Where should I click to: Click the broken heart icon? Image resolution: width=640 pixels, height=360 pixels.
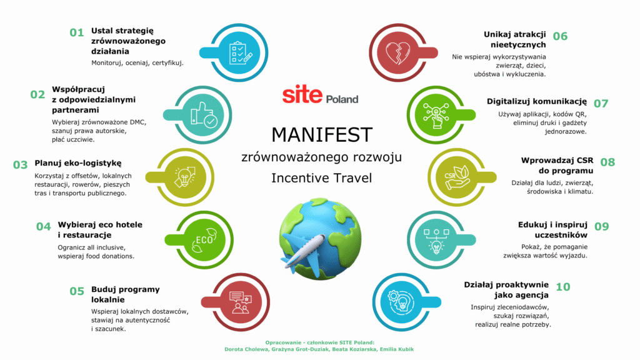pyautogui.click(x=397, y=52)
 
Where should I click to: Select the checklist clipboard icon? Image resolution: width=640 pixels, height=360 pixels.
pyautogui.click(x=241, y=53)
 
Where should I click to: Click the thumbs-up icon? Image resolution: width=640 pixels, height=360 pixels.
pyautogui.click(x=204, y=115)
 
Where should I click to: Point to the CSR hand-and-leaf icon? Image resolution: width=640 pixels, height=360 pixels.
pyautogui.click(x=457, y=177)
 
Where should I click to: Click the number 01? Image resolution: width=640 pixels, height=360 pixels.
pyautogui.click(x=77, y=32)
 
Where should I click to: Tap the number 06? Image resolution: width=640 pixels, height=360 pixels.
pyautogui.click(x=560, y=36)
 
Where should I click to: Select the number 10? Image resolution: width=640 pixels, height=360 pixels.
pyautogui.click(x=563, y=287)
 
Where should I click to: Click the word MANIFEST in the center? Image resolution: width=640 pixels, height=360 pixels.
pyautogui.click(x=322, y=135)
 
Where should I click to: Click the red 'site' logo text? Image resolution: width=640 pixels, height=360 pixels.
pyautogui.click(x=302, y=94)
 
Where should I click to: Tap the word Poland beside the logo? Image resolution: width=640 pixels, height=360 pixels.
pyautogui.click(x=342, y=99)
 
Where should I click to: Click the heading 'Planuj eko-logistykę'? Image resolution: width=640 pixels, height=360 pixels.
pyautogui.click(x=78, y=163)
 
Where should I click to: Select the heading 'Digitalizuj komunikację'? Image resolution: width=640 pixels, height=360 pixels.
pyautogui.click(x=537, y=101)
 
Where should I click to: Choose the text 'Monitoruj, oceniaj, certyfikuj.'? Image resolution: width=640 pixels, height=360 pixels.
pyautogui.click(x=137, y=63)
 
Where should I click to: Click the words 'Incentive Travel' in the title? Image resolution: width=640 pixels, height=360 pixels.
pyautogui.click(x=322, y=178)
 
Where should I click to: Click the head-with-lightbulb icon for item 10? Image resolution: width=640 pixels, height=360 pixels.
pyautogui.click(x=401, y=302)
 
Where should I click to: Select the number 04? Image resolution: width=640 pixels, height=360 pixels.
pyautogui.click(x=44, y=227)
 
